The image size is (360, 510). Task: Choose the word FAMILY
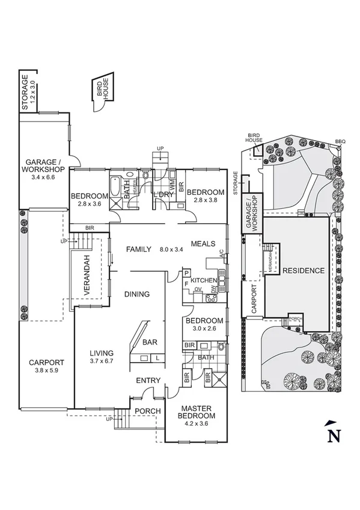(x=138, y=249)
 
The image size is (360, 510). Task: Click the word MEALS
(x=203, y=244)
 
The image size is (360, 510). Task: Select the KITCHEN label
(x=203, y=281)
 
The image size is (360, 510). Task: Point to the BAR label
(x=150, y=343)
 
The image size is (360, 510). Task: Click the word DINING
(x=136, y=294)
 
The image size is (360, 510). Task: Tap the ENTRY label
(x=147, y=380)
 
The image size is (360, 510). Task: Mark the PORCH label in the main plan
(x=146, y=412)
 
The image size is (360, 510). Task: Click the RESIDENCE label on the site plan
(x=303, y=271)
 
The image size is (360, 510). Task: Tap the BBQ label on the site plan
(x=341, y=142)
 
